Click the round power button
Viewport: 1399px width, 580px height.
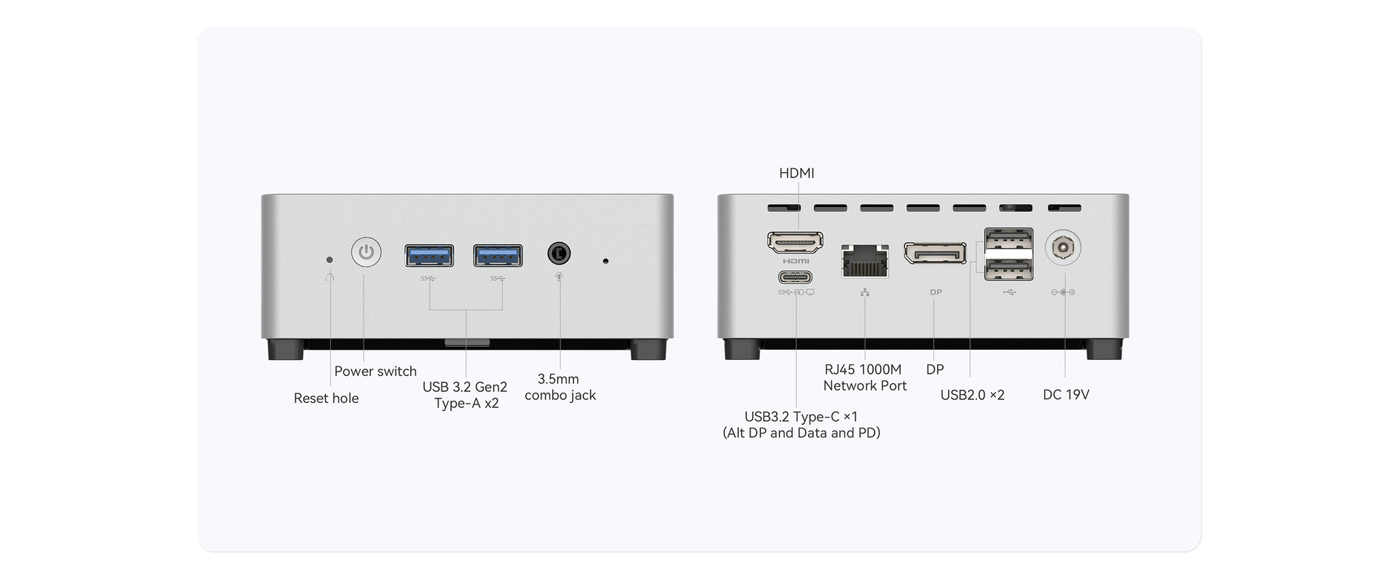366,253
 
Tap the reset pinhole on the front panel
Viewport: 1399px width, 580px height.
330,259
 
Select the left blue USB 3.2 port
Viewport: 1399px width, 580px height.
429,256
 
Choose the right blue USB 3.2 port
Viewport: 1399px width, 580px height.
498,256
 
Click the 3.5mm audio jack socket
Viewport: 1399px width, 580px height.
559,254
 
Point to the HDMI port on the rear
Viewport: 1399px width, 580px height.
795,242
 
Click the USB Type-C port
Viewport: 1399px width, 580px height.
795,277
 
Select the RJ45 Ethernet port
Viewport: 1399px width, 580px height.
865,261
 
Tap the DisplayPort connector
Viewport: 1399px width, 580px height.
935,253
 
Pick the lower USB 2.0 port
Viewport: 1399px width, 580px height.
1008,270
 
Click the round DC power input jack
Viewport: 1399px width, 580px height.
1062,248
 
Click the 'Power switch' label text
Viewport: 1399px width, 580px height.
375,371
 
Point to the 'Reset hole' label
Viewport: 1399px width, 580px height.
326,398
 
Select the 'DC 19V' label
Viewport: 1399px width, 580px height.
1065,394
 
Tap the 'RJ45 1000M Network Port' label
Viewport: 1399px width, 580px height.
864,377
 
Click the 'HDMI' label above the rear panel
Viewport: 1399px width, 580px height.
796,173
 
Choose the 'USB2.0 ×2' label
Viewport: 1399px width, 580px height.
972,395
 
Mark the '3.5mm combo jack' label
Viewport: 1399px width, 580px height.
560,387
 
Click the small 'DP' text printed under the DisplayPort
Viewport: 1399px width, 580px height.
936,292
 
